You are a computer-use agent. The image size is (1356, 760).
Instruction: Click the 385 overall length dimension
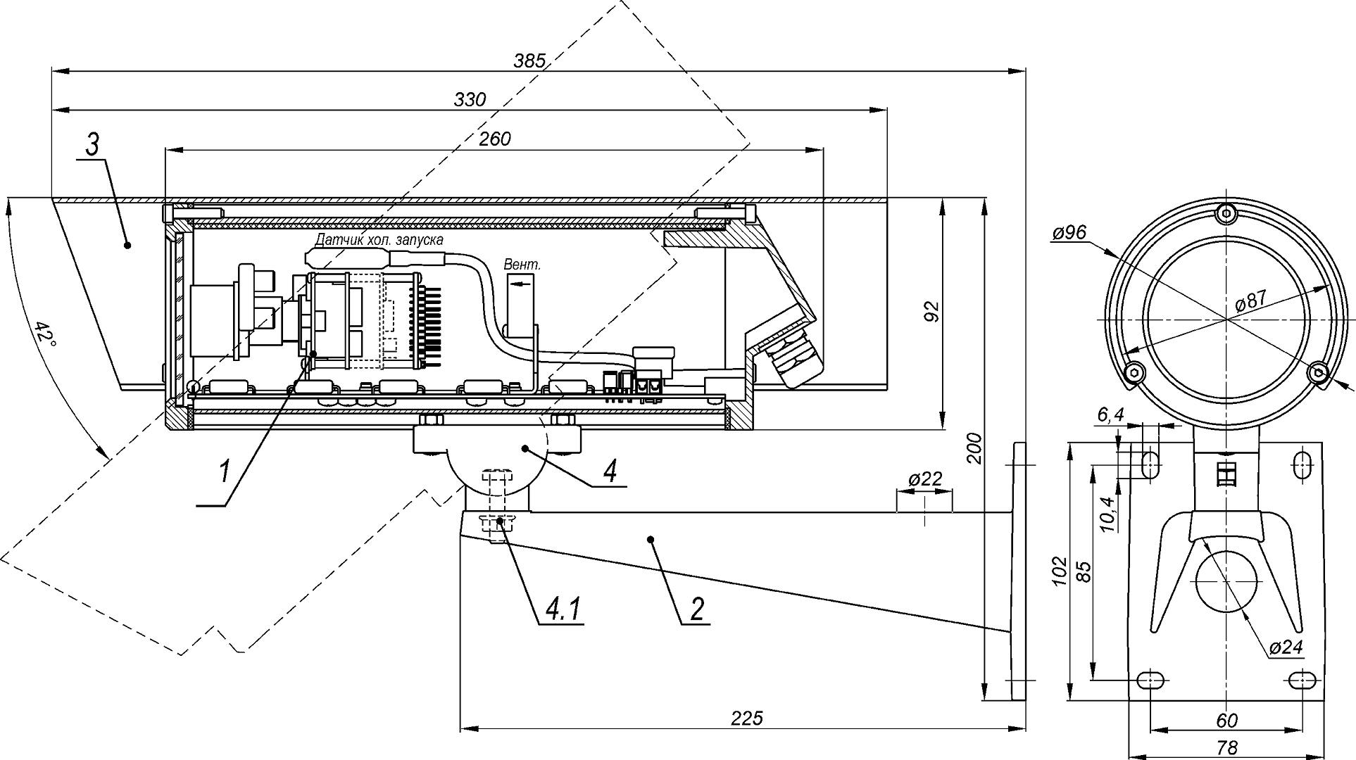(x=529, y=61)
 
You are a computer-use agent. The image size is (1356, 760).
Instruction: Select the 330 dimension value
(x=470, y=100)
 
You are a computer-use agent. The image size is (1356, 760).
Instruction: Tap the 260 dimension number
(x=494, y=139)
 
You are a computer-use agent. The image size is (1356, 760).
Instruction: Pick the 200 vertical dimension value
(x=974, y=448)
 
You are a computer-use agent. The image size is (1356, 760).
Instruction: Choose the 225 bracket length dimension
(x=746, y=718)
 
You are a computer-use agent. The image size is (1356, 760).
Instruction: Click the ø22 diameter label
(x=924, y=479)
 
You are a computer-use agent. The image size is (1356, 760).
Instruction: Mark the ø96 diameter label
(x=1070, y=233)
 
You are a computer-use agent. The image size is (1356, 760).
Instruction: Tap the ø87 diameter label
(x=1251, y=301)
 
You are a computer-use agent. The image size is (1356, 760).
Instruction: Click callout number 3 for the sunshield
(x=92, y=145)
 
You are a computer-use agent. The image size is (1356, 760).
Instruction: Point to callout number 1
(x=224, y=470)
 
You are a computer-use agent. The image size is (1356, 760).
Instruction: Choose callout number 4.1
(x=562, y=609)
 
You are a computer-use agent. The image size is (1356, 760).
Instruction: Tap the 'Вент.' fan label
(x=522, y=265)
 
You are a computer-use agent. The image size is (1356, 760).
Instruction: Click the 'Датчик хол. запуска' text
(x=379, y=240)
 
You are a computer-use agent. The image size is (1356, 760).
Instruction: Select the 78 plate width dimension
(x=1226, y=747)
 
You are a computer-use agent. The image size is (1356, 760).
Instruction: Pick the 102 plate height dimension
(x=1061, y=571)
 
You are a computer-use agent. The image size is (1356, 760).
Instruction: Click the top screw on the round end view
(x=1226, y=212)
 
